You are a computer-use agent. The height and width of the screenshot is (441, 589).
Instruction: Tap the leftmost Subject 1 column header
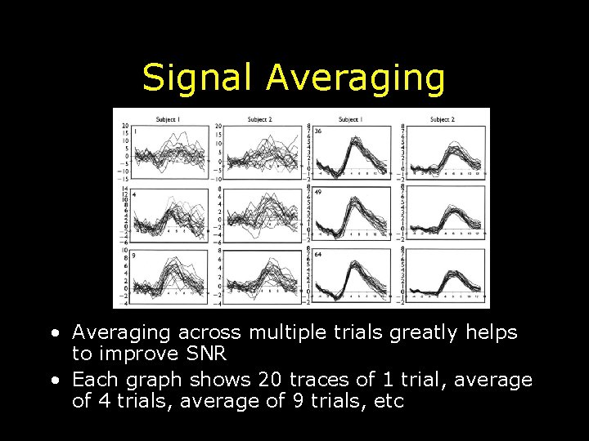click(168, 119)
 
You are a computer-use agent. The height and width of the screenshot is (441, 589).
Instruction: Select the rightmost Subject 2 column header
click(442, 119)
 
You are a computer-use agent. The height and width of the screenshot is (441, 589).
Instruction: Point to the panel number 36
click(317, 131)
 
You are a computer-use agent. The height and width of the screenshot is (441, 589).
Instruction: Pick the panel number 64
click(317, 254)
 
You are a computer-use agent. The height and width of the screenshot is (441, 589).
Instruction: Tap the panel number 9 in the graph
click(134, 255)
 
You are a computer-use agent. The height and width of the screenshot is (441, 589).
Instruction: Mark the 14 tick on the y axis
click(125, 189)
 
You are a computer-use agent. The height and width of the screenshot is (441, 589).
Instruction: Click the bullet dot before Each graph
click(53, 381)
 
